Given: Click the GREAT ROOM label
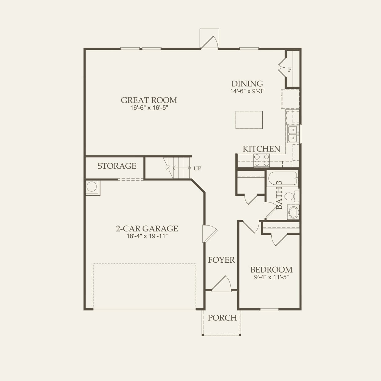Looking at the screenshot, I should pyautogui.click(x=149, y=100).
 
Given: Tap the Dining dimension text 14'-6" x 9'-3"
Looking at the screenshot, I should pyautogui.click(x=247, y=91).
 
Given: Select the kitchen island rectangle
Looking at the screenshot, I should pyautogui.click(x=249, y=120).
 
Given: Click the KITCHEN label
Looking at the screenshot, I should pyautogui.click(x=261, y=149).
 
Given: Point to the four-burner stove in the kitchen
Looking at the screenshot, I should pyautogui.click(x=262, y=160).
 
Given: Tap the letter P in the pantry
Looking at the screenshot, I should pyautogui.click(x=289, y=70).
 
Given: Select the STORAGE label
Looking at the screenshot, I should pyautogui.click(x=117, y=166).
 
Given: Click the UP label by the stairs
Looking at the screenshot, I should pyautogui.click(x=197, y=168).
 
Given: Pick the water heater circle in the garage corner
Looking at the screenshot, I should pyautogui.click(x=92, y=187).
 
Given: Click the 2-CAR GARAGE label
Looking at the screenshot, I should pyautogui.click(x=147, y=229).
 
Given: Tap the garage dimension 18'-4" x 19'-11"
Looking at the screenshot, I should pyautogui.click(x=147, y=236).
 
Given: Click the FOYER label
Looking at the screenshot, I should pyautogui.click(x=221, y=260).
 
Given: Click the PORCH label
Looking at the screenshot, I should pyautogui.click(x=222, y=318).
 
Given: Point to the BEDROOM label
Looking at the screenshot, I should pyautogui.click(x=271, y=270).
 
